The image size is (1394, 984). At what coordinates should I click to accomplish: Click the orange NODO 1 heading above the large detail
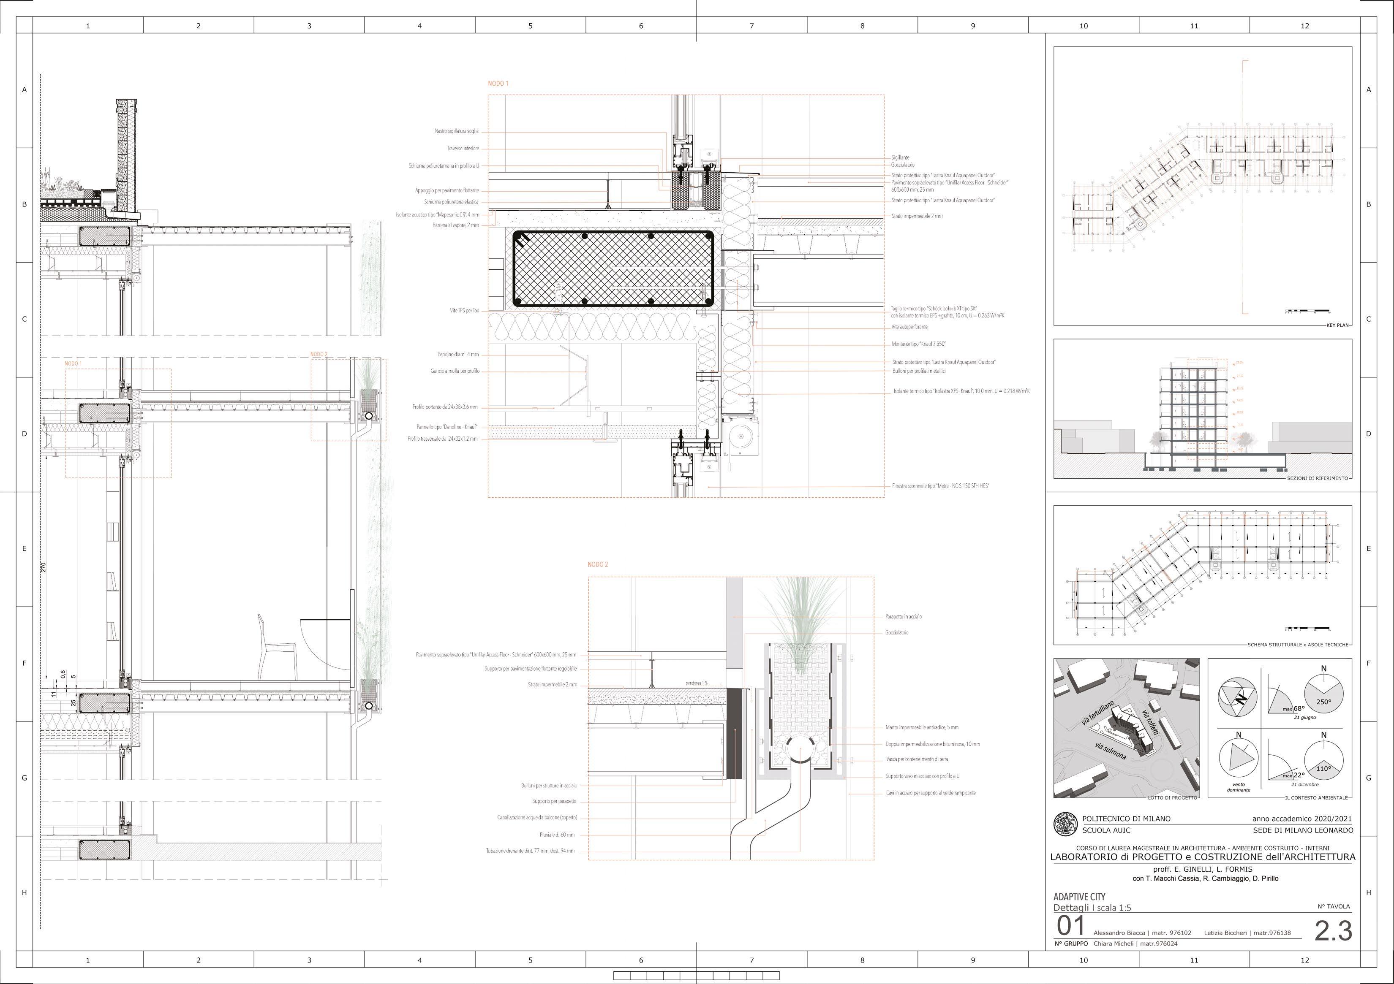tap(498, 83)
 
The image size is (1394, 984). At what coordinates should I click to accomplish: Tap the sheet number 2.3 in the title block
tap(1333, 931)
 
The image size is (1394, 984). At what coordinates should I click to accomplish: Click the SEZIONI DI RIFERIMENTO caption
tap(1317, 478)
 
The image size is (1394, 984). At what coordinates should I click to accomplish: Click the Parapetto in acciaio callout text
tap(904, 616)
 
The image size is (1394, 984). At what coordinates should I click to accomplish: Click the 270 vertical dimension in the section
tap(44, 567)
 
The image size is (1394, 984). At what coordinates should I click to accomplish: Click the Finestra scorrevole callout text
tap(940, 486)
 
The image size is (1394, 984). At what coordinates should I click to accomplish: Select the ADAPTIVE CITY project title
tap(1079, 897)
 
